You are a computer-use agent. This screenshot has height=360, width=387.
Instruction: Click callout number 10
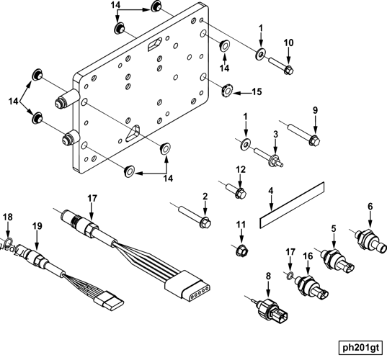point(288,43)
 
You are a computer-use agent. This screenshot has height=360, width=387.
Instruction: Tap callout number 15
point(257,92)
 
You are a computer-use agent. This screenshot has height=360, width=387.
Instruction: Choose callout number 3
point(275,134)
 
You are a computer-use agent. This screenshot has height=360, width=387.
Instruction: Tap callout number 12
point(241,170)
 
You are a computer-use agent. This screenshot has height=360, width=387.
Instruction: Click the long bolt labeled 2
point(195,215)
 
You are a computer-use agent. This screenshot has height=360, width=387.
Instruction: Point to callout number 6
point(370,207)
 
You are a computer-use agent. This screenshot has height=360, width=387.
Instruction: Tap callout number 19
point(37,225)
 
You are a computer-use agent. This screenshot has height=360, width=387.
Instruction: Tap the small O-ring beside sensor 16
point(288,275)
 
